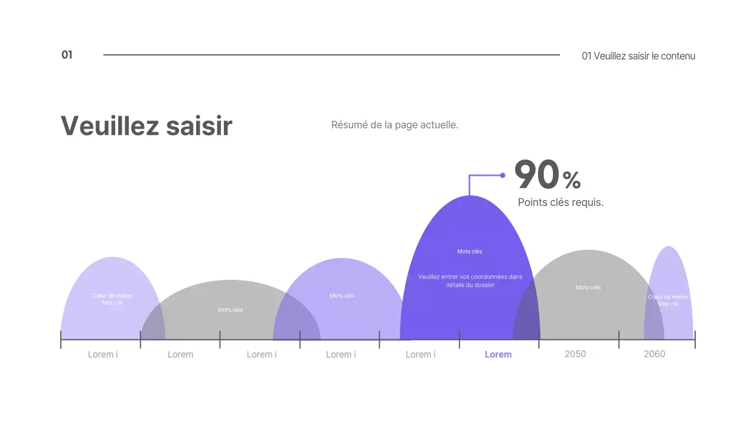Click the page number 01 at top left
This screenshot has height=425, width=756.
[x=67, y=55]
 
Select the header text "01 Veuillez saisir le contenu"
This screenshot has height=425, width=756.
[x=638, y=56]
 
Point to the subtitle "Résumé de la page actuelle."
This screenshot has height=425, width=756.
[x=395, y=125]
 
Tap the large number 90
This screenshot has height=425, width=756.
[x=536, y=175]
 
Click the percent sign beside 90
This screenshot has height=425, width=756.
[x=572, y=179]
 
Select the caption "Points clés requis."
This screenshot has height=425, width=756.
[x=561, y=202]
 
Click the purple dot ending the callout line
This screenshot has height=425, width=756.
[x=503, y=175]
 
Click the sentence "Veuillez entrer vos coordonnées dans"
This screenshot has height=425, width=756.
[x=470, y=276]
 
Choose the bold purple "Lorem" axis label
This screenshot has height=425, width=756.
[x=498, y=354]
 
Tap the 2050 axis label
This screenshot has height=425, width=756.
[x=575, y=354]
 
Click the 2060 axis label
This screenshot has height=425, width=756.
[x=654, y=354]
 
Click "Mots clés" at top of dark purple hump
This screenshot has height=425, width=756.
[x=470, y=251]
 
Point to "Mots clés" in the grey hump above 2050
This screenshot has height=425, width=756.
[x=588, y=287]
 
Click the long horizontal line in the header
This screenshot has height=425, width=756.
[x=331, y=55]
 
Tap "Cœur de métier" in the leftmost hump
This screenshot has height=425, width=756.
[x=112, y=296]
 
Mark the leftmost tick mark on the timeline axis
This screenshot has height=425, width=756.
[x=61, y=339]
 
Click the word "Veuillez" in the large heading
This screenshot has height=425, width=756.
[x=109, y=126]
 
